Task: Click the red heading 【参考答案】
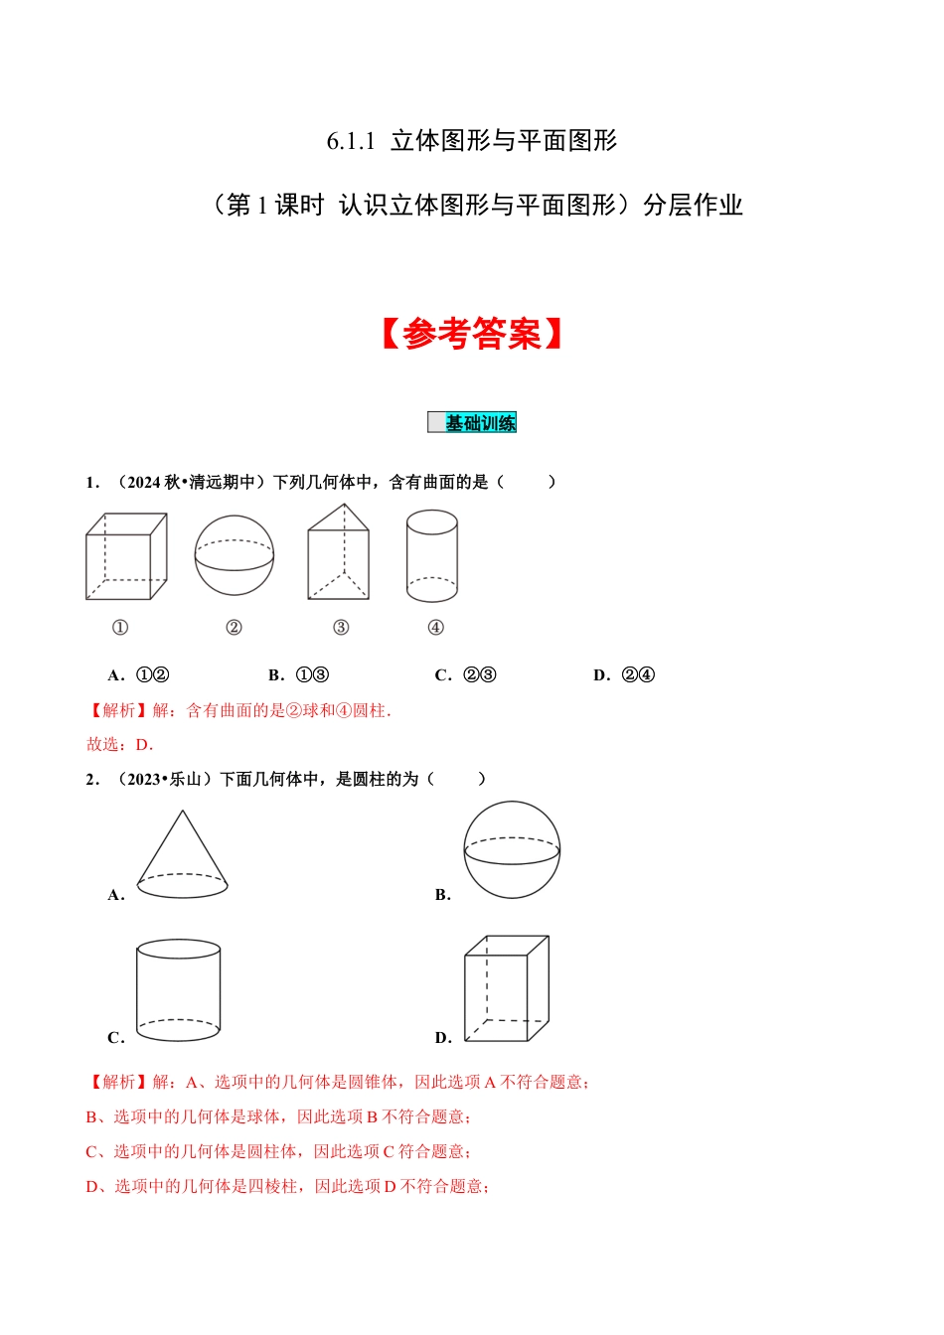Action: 472,334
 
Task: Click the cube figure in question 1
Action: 126,556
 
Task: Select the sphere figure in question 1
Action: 235,556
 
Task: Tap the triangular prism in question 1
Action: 339,554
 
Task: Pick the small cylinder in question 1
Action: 432,556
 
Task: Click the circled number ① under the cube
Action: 120,628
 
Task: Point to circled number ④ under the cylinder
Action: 435,628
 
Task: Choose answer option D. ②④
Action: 624,675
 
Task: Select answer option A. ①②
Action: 139,675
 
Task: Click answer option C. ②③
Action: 466,675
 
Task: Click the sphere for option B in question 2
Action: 512,850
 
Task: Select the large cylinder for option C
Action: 179,990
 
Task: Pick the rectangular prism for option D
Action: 507,988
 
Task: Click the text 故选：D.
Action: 120,745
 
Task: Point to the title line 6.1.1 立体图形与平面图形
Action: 472,141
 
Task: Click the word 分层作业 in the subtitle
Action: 693,206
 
